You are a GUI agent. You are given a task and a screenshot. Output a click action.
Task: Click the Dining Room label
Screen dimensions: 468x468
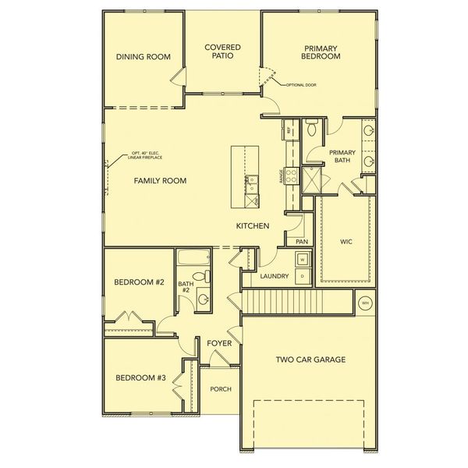pos(143,57)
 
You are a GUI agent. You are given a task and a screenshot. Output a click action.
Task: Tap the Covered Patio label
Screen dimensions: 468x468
pos(222,52)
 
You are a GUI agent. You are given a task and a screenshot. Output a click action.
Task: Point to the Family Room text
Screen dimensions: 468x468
pos(160,181)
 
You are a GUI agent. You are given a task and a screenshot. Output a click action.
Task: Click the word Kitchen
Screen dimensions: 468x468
pos(253,226)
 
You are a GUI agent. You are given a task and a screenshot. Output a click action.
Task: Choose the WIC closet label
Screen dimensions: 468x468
pos(346,242)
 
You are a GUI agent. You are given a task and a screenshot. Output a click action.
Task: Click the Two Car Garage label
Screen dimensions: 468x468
pos(310,360)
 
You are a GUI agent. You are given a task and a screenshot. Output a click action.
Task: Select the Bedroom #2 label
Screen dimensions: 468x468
pos(139,282)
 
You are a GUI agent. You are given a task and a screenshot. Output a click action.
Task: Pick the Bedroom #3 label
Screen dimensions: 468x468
pos(141,378)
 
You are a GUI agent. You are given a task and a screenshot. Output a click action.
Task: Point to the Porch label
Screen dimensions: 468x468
pos(221,389)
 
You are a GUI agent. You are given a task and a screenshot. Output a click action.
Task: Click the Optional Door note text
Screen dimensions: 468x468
pos(301,84)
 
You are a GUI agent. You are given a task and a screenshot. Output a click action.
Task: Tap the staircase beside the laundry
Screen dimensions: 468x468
pos(280,299)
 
